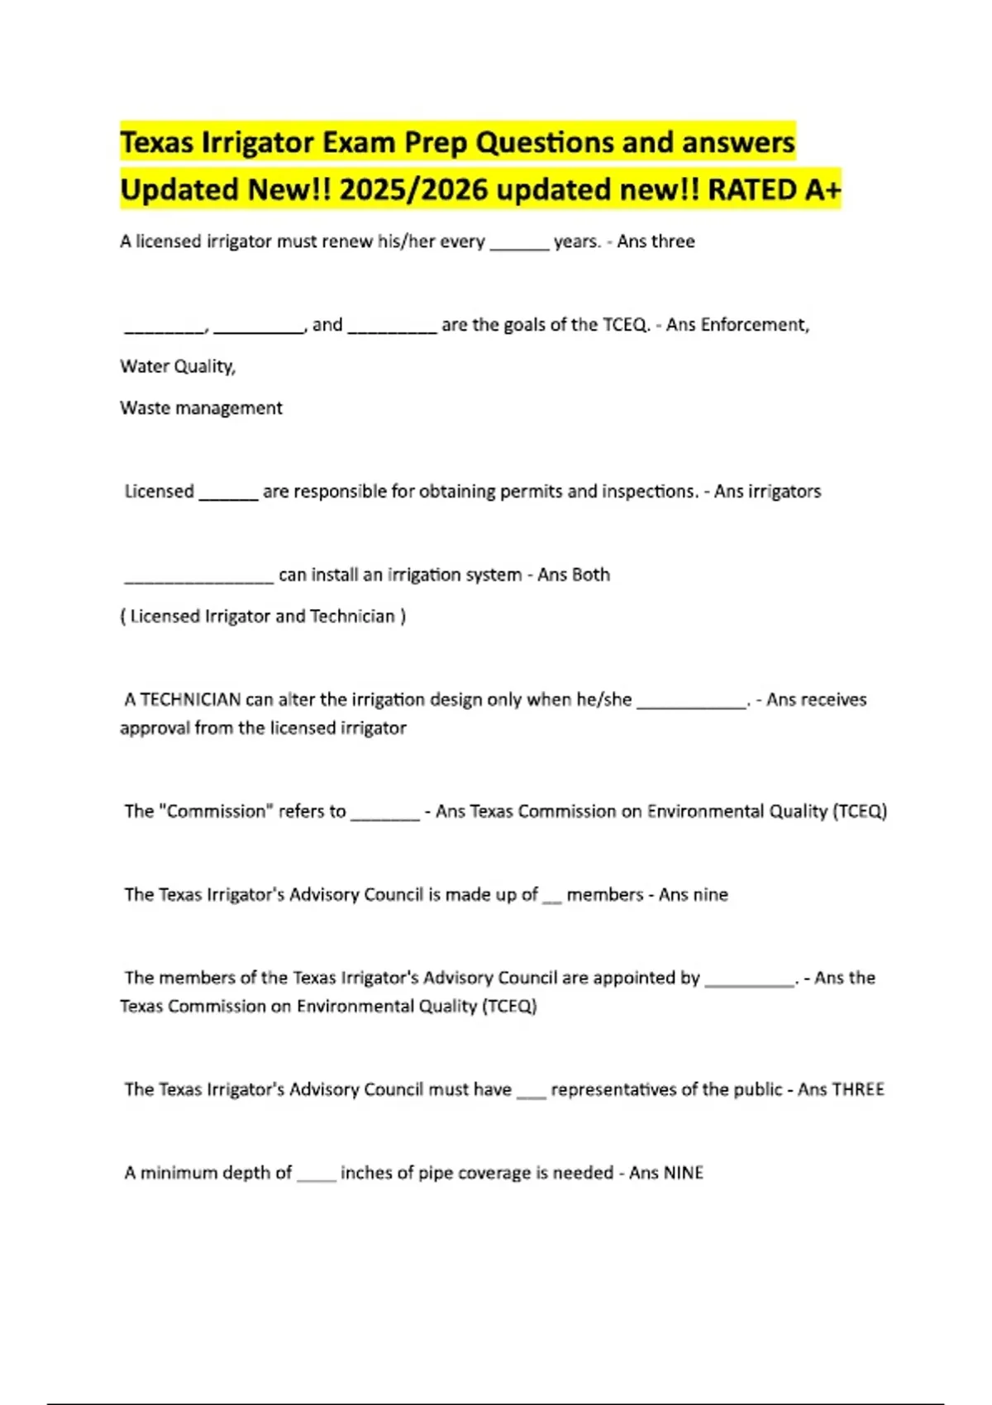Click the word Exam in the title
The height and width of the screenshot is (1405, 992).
pyautogui.click(x=358, y=143)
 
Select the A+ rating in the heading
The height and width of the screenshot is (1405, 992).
pyautogui.click(x=822, y=190)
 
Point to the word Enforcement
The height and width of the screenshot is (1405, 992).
pyautogui.click(x=754, y=325)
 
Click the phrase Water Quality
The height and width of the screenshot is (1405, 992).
pyautogui.click(x=178, y=366)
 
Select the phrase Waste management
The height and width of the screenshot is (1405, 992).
pyautogui.click(x=201, y=408)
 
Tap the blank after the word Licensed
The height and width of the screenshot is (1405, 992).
pyautogui.click(x=228, y=493)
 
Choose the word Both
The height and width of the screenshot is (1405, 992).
pyautogui.click(x=590, y=575)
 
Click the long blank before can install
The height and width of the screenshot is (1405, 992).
pyautogui.click(x=198, y=577)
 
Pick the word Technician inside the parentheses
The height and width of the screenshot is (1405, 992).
pyautogui.click(x=352, y=617)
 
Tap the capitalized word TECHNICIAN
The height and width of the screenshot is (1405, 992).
pyautogui.click(x=182, y=700)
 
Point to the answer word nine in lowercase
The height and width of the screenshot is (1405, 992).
pyautogui.click(x=710, y=895)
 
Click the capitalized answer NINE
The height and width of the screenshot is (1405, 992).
pyautogui.click(x=683, y=1174)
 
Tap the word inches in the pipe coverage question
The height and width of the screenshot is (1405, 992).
pyautogui.click(x=365, y=1174)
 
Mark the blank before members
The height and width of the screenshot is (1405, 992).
pyautogui.click(x=551, y=898)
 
